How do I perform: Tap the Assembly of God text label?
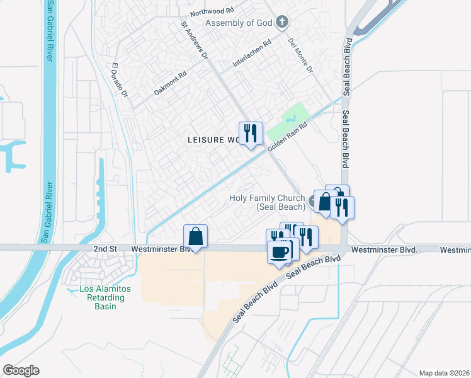pos(240,23)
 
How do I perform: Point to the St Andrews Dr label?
pos(195,42)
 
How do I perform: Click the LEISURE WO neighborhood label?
pos(213,140)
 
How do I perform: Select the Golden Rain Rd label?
pos(287,137)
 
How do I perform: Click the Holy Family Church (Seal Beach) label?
pos(268,202)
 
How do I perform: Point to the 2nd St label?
pos(105,249)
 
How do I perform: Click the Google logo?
pos(21,370)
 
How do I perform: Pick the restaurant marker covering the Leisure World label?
pos(251,134)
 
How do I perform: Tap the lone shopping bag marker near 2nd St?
pos(196,237)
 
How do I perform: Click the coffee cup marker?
pos(279,252)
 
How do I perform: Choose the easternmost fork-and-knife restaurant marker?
pos(342,207)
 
